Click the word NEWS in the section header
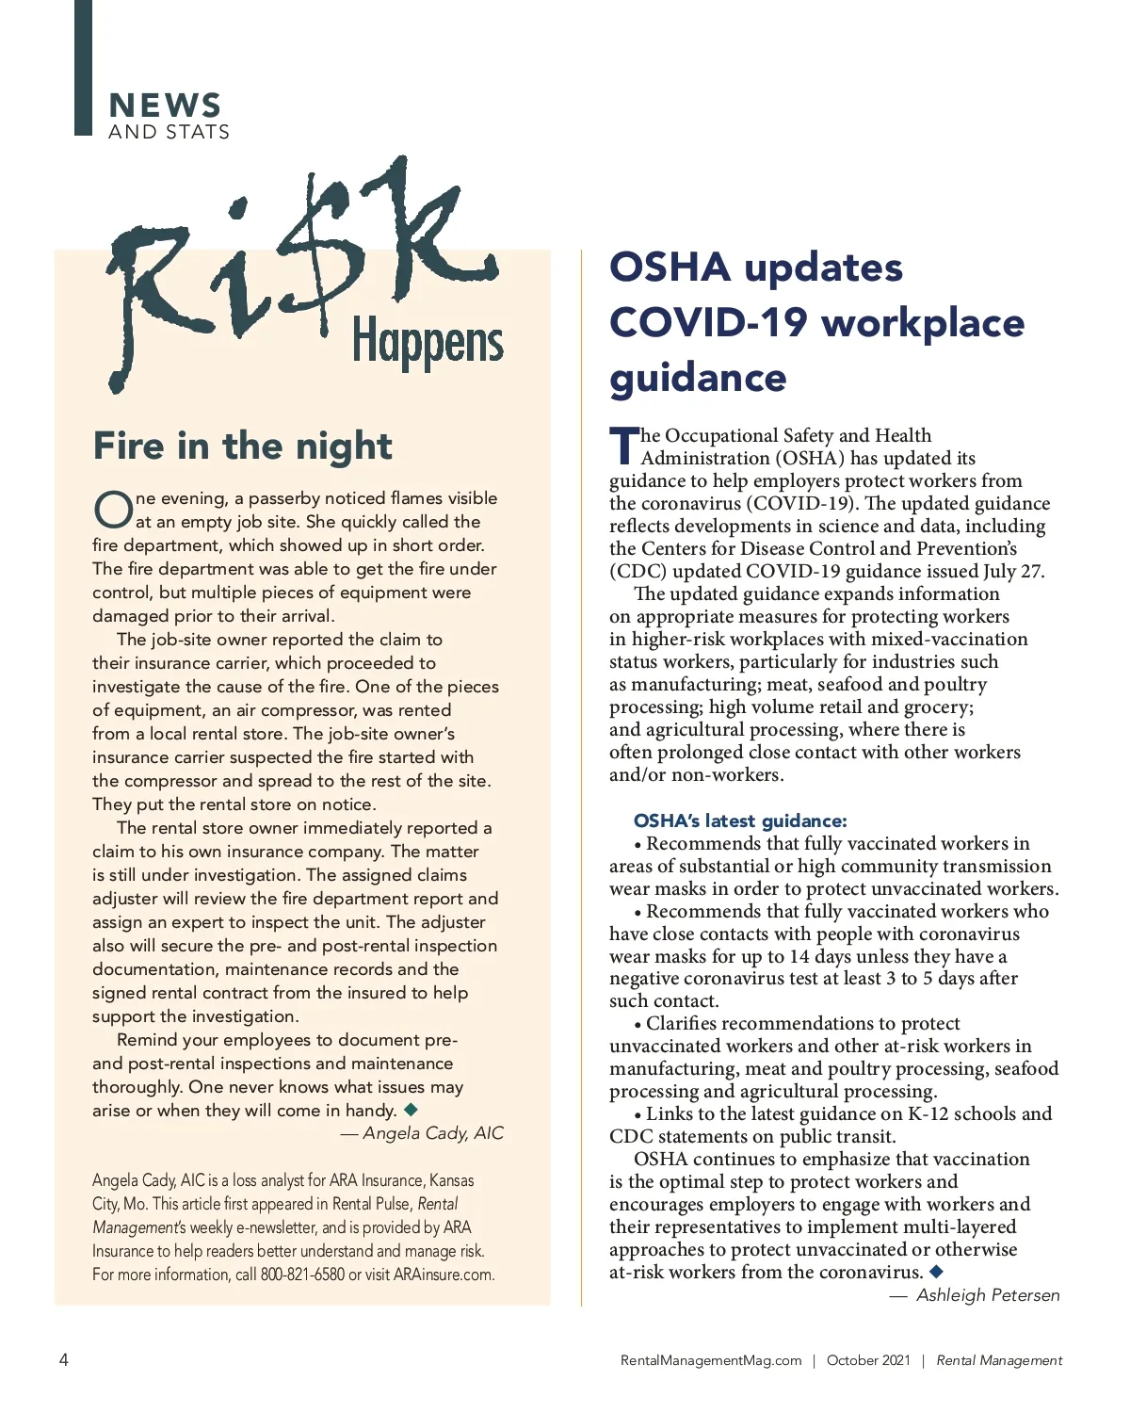[165, 105]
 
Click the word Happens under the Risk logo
[428, 344]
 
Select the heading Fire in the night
[243, 446]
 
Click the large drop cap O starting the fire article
[112, 510]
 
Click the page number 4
[64, 1359]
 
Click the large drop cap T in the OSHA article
[623, 447]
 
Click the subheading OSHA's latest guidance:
[740, 820]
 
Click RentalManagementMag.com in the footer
[711, 1360]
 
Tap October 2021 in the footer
[868, 1360]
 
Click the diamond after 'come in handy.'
[411, 1110]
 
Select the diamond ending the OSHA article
[936, 1272]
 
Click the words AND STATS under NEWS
[169, 132]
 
